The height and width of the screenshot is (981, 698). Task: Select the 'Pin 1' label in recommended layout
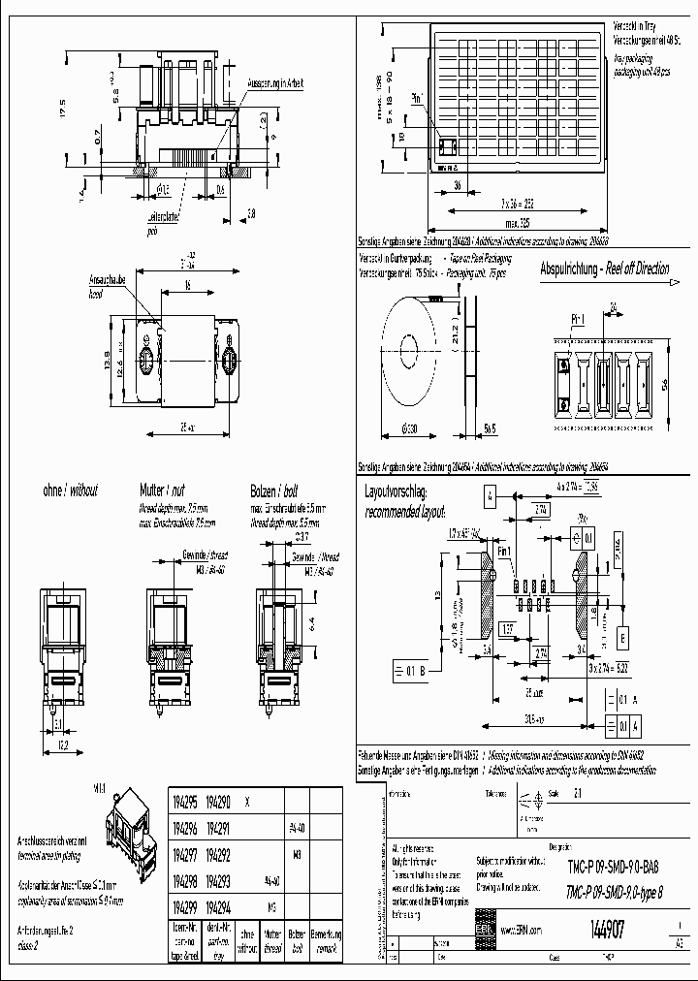503,551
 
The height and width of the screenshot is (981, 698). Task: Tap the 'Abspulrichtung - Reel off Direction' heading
604,269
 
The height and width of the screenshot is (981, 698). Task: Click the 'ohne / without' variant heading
70,491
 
